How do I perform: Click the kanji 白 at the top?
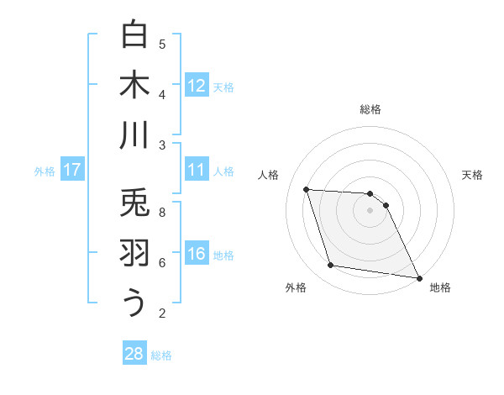pos(134,35)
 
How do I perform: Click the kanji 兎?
pos(134,203)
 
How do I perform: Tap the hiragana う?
pos(134,303)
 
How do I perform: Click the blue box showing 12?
pos(197,85)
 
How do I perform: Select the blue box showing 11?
pos(197,170)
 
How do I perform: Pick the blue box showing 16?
pos(197,254)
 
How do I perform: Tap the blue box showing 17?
pos(72,170)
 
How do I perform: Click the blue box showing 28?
pos(134,354)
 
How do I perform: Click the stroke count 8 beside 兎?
pos(162,213)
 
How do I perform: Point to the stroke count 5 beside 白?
pos(162,44)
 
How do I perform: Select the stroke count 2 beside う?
pos(162,313)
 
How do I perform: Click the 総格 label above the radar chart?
pos(370,109)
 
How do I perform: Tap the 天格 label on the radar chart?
pos(473,175)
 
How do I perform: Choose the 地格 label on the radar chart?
pos(440,288)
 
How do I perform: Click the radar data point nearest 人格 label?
pos(306,189)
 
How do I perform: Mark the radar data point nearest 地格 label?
pos(417,276)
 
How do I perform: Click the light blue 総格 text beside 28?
pos(161,355)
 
